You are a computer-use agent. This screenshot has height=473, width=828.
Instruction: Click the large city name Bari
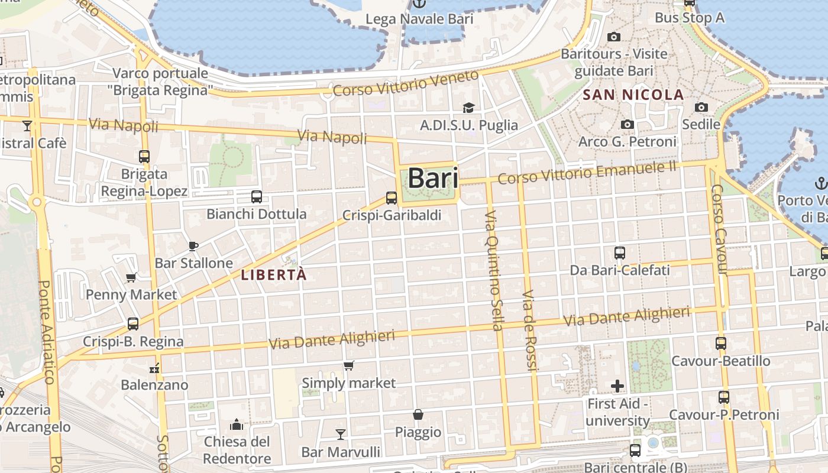coord(433,178)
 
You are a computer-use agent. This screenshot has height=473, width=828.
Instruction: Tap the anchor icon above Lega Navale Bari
coord(419,4)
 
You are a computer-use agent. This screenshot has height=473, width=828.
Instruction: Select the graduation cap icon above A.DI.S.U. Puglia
coord(468,108)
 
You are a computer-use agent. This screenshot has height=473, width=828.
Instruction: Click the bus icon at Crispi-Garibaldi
coord(392,198)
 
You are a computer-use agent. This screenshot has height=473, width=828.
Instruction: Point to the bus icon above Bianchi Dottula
coord(256,197)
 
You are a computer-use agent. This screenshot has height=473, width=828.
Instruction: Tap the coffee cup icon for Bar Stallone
coord(193,246)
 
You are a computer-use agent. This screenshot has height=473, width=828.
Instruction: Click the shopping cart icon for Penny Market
coord(131,277)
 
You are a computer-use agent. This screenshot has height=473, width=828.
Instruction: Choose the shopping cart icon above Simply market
coord(348,366)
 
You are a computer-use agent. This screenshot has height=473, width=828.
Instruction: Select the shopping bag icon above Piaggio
coord(418,414)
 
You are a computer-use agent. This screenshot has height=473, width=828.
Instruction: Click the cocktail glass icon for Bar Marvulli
coord(340,435)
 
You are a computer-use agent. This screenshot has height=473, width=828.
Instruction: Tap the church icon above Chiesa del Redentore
coord(237,425)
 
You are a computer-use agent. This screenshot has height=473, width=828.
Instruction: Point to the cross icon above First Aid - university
coord(617,387)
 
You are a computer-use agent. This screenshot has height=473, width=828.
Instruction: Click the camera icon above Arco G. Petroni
coord(628,124)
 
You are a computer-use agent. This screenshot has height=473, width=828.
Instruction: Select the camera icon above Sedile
coord(701,107)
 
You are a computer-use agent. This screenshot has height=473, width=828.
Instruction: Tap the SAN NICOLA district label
coord(633,95)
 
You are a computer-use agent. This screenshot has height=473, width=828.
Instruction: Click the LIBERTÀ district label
coord(274,275)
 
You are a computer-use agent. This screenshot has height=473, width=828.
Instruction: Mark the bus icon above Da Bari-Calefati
coord(620,253)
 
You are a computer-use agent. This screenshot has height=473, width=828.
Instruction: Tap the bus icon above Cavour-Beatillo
coord(720,344)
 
